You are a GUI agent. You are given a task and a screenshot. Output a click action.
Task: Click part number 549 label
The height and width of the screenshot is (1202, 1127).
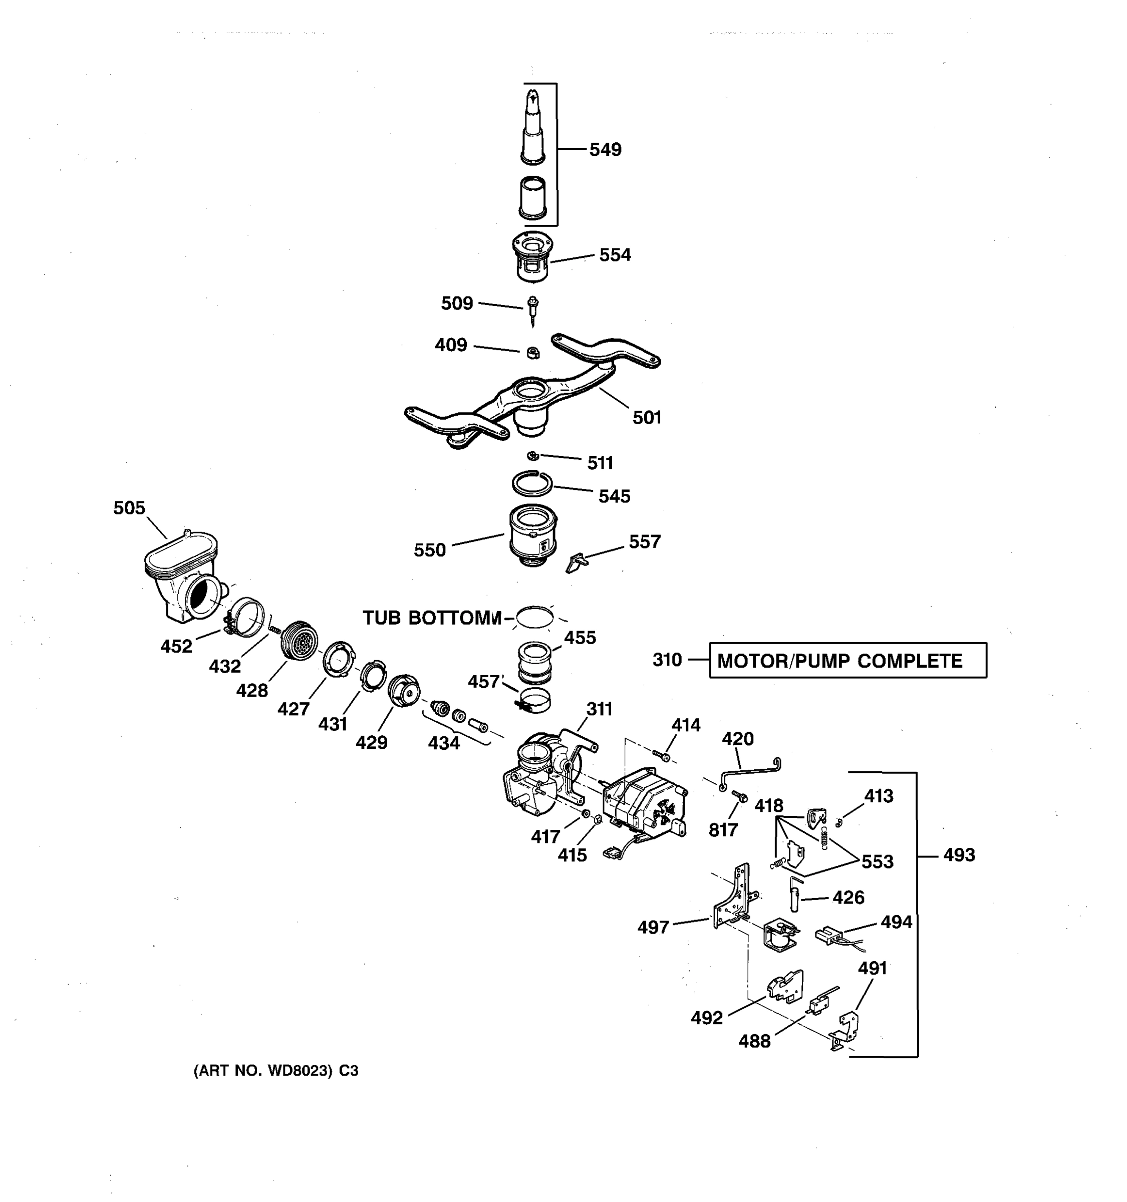click(605, 149)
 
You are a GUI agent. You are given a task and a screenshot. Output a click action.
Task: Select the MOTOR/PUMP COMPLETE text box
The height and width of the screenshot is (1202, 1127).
click(847, 660)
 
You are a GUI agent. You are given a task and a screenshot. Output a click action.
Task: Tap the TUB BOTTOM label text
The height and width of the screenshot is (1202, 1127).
click(432, 618)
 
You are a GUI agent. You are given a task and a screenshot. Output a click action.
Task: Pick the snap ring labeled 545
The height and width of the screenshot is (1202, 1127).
click(532, 482)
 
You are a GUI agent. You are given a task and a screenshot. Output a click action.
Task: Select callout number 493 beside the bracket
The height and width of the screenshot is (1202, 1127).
click(959, 855)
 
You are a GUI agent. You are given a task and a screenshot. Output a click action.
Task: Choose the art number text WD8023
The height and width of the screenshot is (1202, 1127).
click(275, 1071)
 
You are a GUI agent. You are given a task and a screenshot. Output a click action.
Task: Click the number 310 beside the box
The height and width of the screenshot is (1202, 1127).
click(667, 660)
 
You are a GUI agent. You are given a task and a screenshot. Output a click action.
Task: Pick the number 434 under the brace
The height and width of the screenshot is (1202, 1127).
click(444, 743)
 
